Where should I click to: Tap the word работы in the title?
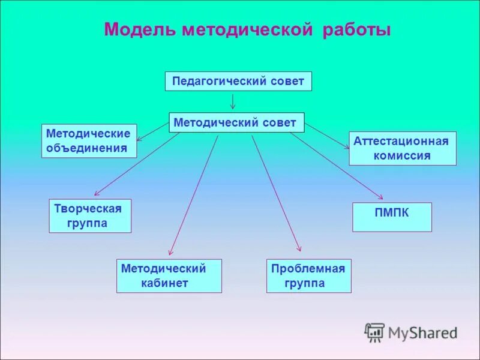coord(357,30)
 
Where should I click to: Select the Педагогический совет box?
coord(238,81)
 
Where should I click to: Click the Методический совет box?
coord(236,122)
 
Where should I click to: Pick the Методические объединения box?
coord(89,141)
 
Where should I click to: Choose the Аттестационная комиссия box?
coord(402,148)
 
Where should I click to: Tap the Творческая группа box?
coord(89,216)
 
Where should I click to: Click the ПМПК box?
coord(392,217)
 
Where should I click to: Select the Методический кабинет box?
coord(169,276)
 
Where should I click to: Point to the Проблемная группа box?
coord(308,276)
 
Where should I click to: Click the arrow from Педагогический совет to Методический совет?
coord(233,101)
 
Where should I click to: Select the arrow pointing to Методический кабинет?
coord(193,195)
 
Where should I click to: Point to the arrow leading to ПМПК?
coord(336,165)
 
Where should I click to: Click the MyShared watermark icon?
coord(374,332)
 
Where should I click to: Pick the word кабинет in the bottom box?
coord(165,283)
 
